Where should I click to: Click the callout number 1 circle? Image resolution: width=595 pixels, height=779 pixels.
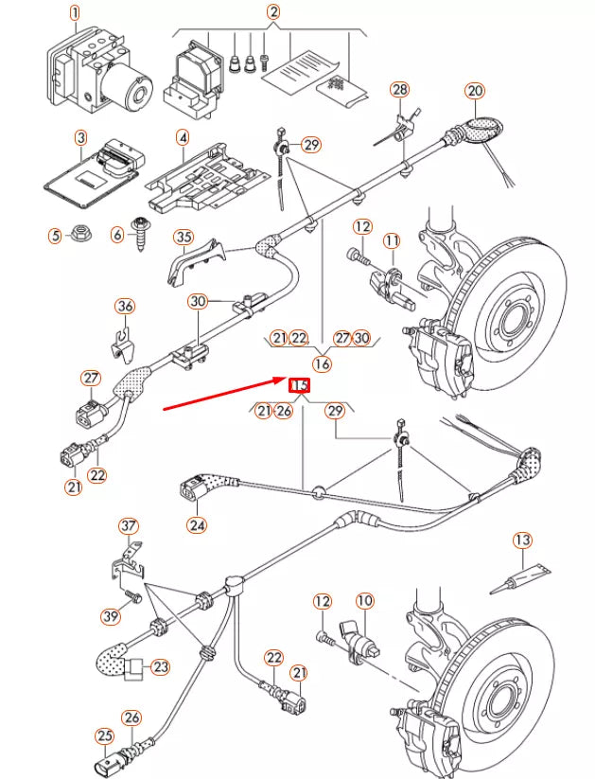coord(75,12)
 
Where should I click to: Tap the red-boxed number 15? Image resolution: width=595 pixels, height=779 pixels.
coord(299,385)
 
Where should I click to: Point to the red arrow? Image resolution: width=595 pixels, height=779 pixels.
coord(227,395)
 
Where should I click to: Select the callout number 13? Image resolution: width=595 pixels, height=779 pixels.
coord(523,540)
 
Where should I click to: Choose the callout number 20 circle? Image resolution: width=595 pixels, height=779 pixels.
coord(474,91)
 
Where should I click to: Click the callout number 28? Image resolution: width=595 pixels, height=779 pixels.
coord(400,90)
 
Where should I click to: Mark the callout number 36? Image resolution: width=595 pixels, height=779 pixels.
coord(125,306)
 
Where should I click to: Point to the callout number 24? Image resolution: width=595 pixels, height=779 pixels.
coord(196,524)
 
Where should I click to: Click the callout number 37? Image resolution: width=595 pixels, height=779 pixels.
coord(128,525)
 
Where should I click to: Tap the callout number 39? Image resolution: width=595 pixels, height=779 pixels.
coord(111,616)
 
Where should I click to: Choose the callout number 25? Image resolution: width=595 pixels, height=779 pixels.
coord(103,735)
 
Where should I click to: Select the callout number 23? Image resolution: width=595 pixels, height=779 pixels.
coord(161,667)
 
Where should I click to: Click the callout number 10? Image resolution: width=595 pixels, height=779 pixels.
coord(365,600)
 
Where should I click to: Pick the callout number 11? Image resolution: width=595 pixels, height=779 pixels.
coord(392,242)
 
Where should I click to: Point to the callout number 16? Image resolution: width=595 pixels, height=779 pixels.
coord(323,363)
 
